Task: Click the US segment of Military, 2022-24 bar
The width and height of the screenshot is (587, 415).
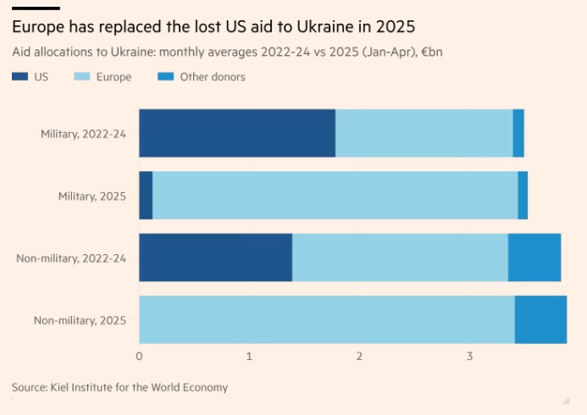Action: tap(237, 133)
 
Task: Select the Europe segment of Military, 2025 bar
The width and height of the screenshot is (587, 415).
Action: tap(335, 195)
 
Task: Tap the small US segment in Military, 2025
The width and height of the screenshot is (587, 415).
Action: tap(146, 195)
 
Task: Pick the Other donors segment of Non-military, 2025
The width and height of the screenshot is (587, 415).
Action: tap(540, 319)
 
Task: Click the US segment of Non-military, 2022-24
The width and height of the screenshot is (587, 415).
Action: tap(215, 257)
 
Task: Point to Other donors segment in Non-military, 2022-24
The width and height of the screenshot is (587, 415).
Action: tap(534, 257)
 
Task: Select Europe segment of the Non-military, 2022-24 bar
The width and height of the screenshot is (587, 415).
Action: tap(400, 257)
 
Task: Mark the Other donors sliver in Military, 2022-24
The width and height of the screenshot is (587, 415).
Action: tap(518, 133)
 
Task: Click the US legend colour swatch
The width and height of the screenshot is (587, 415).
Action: tap(19, 77)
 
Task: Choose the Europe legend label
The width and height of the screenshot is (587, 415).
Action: tap(114, 77)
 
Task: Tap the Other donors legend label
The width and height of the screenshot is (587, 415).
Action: tap(213, 77)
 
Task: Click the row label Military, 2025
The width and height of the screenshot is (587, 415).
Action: tap(92, 196)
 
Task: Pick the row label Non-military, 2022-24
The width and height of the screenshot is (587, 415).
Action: tap(71, 257)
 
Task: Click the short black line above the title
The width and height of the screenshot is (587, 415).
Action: tap(36, 7)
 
